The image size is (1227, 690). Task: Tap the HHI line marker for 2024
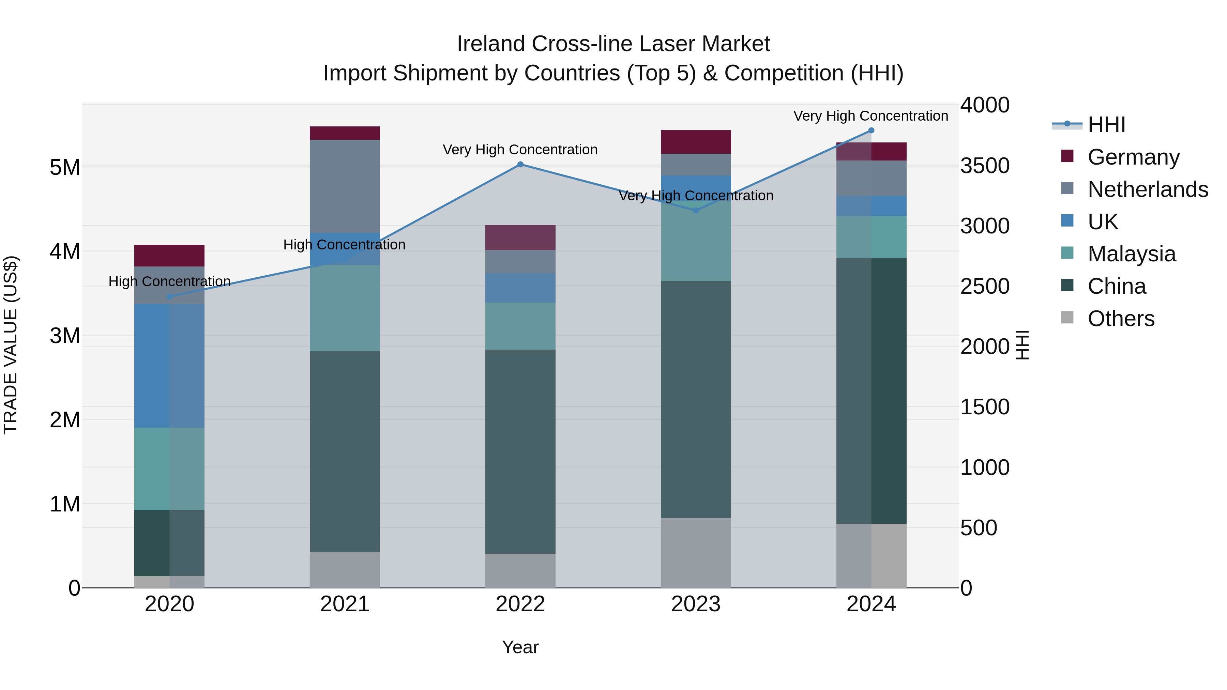click(871, 131)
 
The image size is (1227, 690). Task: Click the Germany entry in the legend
click(1133, 157)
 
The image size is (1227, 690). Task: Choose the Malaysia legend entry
click(1131, 254)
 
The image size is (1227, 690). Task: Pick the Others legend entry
click(1121, 319)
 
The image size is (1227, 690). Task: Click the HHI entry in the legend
click(1106, 125)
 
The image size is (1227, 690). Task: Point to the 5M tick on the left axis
click(65, 167)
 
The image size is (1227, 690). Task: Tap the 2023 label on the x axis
click(695, 604)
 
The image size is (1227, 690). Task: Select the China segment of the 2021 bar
click(345, 451)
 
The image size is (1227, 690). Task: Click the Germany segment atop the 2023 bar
click(695, 142)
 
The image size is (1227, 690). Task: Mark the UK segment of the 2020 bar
click(170, 366)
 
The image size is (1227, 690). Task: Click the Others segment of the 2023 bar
click(695, 552)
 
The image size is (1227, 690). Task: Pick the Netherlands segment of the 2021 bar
click(345, 186)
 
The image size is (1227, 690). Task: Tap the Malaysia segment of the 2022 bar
click(520, 326)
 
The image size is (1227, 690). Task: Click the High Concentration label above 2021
click(344, 245)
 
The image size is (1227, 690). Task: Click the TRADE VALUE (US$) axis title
click(11, 345)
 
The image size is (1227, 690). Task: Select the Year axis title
click(520, 647)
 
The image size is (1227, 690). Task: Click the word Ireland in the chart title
click(491, 44)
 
